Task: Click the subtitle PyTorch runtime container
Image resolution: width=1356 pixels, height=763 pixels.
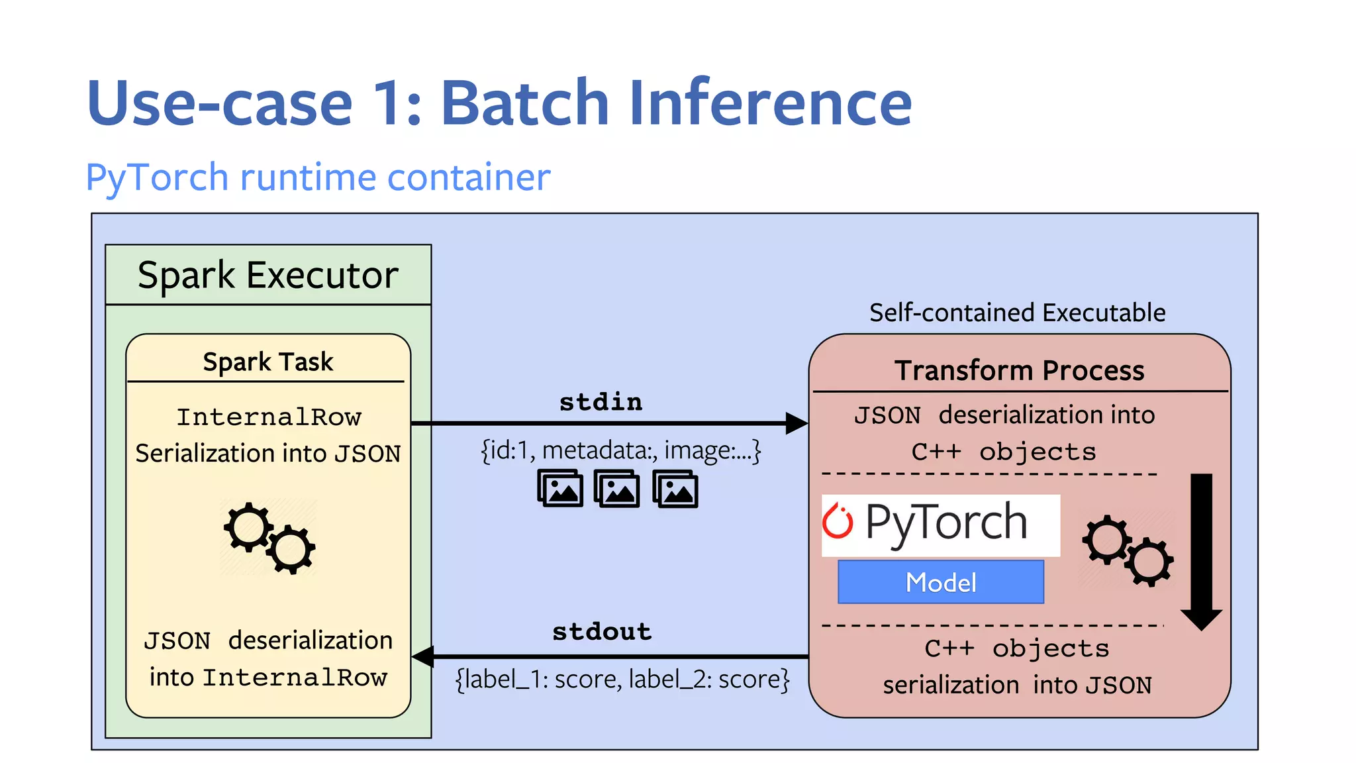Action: point(318,178)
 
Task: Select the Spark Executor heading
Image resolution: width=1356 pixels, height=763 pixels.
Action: point(268,275)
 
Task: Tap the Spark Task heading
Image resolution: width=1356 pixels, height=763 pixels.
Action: point(267,362)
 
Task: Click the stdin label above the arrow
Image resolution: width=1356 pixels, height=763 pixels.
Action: point(601,402)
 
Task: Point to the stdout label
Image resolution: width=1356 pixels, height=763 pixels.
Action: point(602,631)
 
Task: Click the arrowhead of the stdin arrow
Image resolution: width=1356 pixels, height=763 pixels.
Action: point(796,423)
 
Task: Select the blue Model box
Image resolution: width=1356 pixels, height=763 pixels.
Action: point(940,582)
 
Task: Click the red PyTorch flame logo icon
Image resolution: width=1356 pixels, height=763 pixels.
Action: point(838,521)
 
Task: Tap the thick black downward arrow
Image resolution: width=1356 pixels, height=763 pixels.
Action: point(1201,550)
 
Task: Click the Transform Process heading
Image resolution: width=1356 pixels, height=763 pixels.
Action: point(1019,370)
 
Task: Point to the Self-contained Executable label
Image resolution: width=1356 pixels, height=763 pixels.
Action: point(1017,313)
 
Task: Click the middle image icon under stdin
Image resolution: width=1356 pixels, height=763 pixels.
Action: point(617,489)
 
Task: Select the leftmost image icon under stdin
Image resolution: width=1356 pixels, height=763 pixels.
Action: point(560,489)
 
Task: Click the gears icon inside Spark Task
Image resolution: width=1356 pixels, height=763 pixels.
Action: point(269,537)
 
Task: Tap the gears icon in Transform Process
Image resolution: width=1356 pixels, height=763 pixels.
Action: point(1128,550)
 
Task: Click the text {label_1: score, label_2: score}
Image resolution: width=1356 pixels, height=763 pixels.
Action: point(622,680)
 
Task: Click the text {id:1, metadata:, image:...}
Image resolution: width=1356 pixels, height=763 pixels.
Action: point(620,450)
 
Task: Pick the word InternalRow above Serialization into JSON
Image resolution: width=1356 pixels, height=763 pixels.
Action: point(269,417)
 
